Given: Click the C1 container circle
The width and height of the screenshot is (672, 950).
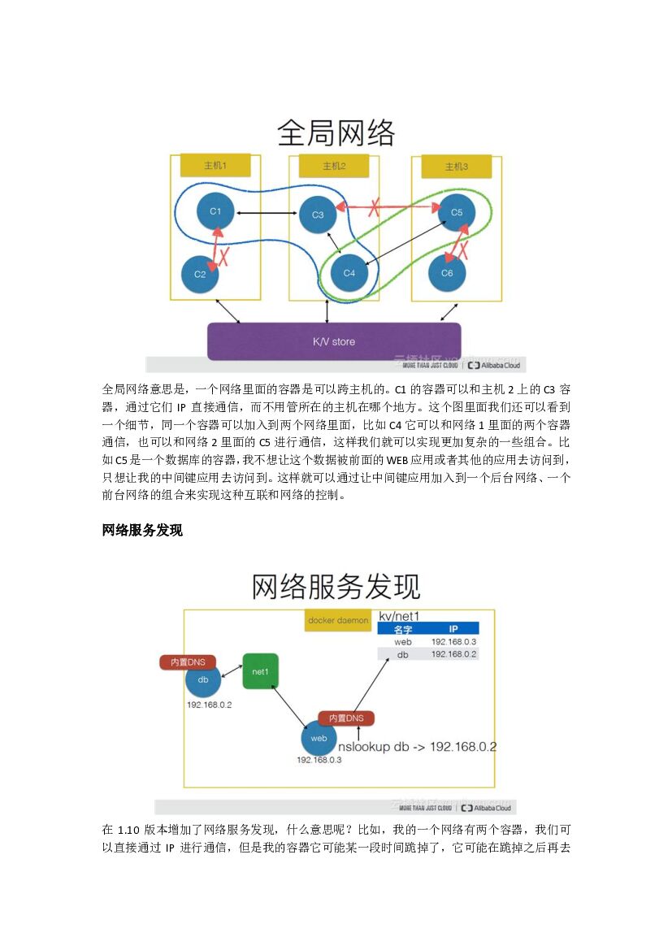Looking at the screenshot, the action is pos(215,211).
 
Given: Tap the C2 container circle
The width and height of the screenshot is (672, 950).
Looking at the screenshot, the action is pos(200,275).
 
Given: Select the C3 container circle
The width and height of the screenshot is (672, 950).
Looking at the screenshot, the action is pos(318,215).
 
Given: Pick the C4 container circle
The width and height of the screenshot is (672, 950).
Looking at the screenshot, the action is pos(349,273).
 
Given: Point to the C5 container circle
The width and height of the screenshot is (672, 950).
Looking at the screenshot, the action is pos(457,213).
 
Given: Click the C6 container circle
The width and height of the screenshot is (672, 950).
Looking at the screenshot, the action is pos(447,273).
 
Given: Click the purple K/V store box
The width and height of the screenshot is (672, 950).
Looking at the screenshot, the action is pos(334,341).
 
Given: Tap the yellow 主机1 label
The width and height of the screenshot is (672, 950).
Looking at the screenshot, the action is pos(215,166).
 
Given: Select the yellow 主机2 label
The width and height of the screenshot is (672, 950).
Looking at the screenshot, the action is pos(334,166).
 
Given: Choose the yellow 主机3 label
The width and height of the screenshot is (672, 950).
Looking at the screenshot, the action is pos(457,167).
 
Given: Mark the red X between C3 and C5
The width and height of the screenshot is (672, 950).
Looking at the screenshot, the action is pos(375,207).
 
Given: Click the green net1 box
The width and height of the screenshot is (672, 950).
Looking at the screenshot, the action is pos(260,671).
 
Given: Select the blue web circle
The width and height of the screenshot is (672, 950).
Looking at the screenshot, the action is pos(319,738).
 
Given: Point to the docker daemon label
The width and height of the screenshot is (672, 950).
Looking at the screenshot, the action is pos(338,620).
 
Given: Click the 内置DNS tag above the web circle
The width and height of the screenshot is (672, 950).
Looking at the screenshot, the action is pos(345,718).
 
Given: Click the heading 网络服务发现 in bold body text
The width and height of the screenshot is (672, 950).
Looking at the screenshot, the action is pos(142,531).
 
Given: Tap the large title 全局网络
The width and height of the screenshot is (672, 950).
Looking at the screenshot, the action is pos(336,132).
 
